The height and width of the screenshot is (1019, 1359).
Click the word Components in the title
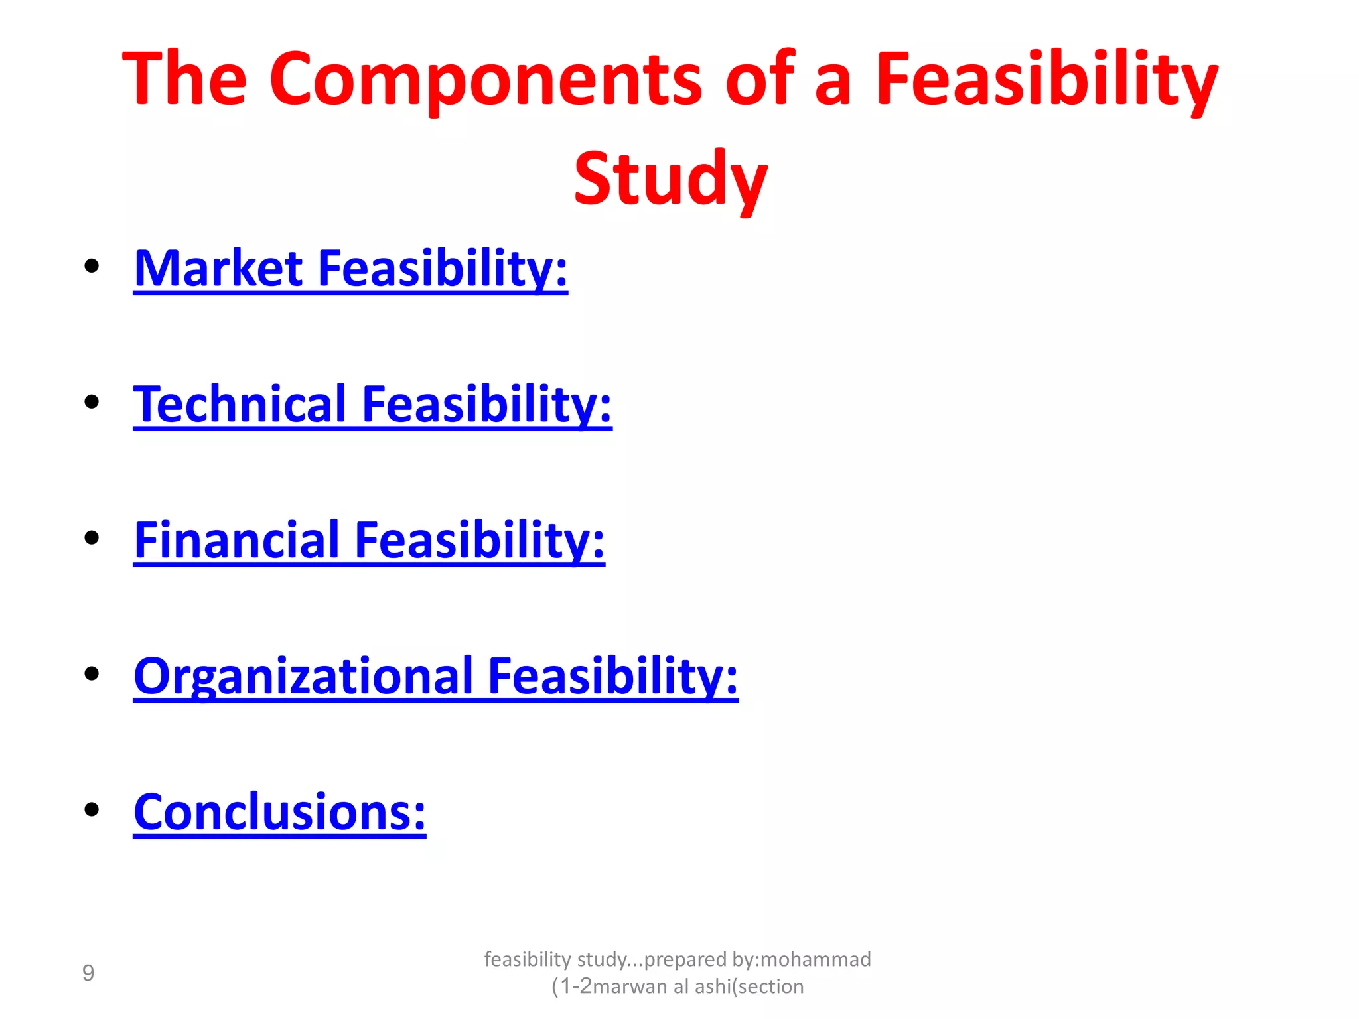(485, 80)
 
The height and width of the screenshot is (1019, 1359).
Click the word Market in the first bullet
(218, 269)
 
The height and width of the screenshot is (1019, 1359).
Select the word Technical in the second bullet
(240, 405)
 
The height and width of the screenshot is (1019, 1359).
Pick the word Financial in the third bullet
(237, 541)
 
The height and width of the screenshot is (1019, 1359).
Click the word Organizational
(303, 677)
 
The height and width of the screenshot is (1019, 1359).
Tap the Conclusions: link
(279, 813)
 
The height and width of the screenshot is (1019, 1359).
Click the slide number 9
(88, 973)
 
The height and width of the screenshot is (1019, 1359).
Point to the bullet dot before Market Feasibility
(92, 267)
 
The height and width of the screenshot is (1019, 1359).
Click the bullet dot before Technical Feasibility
(92, 402)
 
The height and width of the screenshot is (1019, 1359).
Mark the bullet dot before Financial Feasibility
(92, 538)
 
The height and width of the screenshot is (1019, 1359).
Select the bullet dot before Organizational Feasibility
(92, 674)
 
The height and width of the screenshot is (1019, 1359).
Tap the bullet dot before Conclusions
(92, 809)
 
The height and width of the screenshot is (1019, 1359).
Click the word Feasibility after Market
(443, 269)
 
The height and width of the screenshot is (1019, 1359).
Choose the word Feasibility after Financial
(479, 541)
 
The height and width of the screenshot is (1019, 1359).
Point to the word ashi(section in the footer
(749, 986)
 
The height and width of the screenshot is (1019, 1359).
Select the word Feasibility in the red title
(1046, 80)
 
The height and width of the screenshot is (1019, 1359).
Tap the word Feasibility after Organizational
(612, 677)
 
